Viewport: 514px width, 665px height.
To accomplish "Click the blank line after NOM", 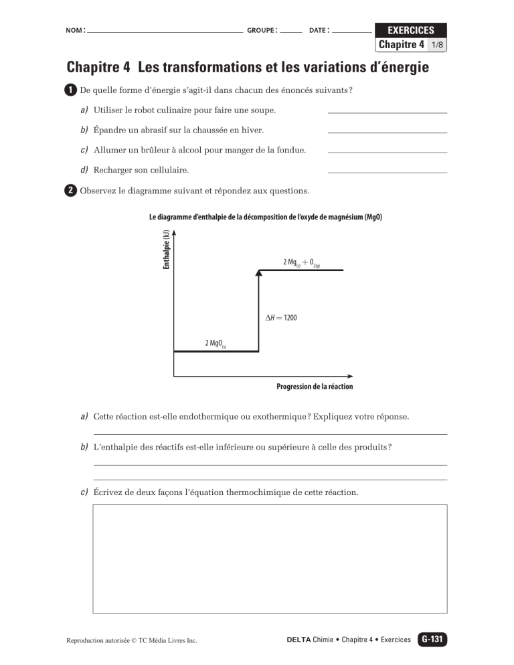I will click(165, 31).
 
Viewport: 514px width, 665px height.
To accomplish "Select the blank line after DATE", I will click(351, 31).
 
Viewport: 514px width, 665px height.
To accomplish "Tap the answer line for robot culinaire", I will click(387, 112).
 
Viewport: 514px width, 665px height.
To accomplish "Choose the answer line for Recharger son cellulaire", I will click(387, 172).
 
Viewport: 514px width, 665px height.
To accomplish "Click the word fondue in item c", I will click(290, 151).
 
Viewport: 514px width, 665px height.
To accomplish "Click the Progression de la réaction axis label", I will click(315, 387).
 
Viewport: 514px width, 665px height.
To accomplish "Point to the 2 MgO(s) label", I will click(215, 343).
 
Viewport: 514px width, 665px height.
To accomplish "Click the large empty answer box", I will click(270, 559).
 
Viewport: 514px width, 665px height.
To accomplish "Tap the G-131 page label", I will click(432, 640).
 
